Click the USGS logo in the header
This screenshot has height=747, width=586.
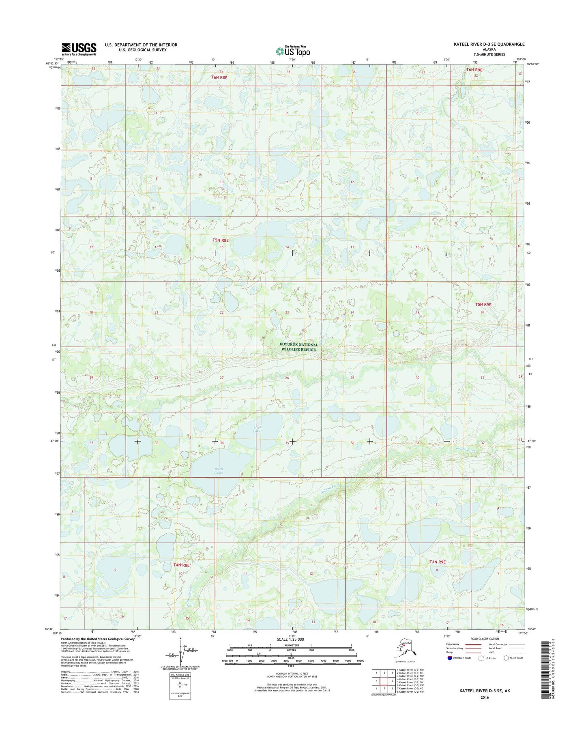pyautogui.click(x=79, y=49)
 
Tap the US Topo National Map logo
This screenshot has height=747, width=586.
pyautogui.click(x=293, y=51)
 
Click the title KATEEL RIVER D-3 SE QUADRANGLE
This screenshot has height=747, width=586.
pyautogui.click(x=489, y=44)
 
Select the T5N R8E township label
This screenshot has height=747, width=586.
pyautogui.click(x=221, y=240)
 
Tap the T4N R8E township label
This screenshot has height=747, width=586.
pyautogui.click(x=181, y=565)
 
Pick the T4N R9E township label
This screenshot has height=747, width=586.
pyautogui.click(x=438, y=562)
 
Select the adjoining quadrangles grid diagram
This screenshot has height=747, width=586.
pyautogui.click(x=382, y=680)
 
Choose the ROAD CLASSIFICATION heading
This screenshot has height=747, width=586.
pyautogui.click(x=485, y=639)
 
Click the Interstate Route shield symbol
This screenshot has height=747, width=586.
pyautogui.click(x=449, y=658)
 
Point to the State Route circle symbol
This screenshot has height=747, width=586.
pyautogui.click(x=506, y=658)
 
